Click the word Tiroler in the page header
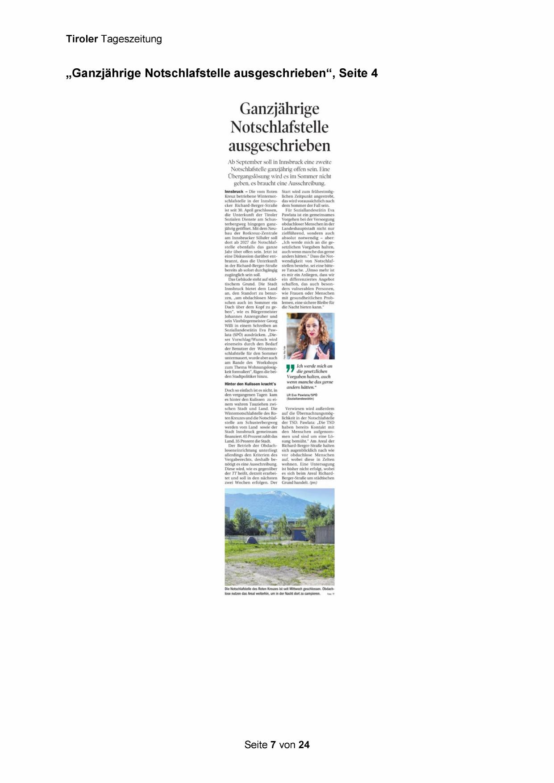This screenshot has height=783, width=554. click(82, 39)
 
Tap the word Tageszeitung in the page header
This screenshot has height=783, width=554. click(131, 40)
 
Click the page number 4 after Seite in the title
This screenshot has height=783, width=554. click(374, 73)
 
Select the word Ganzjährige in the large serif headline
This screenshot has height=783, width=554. click(279, 108)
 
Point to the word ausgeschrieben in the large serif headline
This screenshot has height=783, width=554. click(279, 146)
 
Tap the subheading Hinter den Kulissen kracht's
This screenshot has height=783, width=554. click(250, 384)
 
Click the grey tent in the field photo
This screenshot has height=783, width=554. click(252, 539)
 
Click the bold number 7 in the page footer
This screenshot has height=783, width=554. click(273, 745)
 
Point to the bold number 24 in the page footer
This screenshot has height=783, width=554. click(304, 745)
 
